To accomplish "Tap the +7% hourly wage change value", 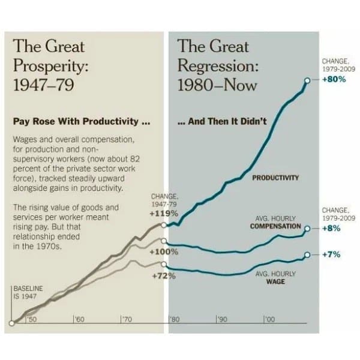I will click(331, 254).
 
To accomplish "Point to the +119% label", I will click(163, 213).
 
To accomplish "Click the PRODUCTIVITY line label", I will click(275, 178).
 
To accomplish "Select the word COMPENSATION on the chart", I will click(275, 226).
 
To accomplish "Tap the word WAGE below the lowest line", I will click(275, 281).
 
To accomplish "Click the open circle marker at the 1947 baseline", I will click(11, 325).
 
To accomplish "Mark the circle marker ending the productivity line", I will click(307, 80).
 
